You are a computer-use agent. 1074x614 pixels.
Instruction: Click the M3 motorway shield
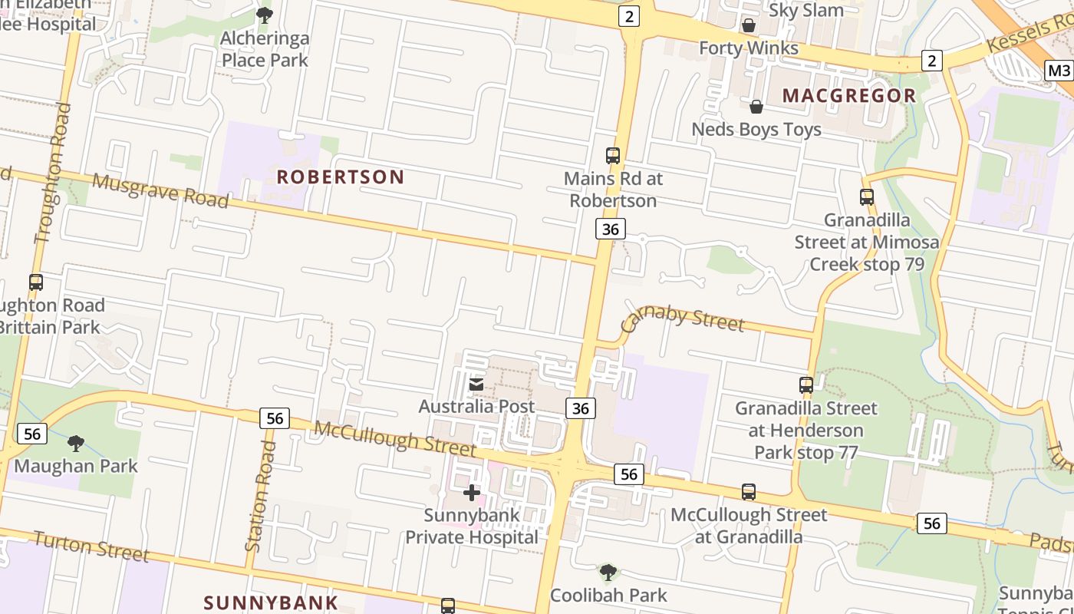1059,71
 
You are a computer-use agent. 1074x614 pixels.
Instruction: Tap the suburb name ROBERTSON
340,177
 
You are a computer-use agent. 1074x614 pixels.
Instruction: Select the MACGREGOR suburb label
849,96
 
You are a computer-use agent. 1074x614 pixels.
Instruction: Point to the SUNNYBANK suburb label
271,602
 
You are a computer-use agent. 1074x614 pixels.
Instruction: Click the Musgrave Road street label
160,190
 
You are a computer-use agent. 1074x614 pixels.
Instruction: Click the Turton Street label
91,546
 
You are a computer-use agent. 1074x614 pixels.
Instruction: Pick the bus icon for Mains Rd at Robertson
612,156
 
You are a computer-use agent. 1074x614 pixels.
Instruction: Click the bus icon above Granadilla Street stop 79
867,197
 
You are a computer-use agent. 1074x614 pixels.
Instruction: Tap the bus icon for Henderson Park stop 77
805,385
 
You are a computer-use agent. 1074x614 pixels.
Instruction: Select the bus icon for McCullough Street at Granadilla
749,492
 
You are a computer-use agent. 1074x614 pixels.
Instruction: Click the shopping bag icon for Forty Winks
749,25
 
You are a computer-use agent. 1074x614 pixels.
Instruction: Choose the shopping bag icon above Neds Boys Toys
756,107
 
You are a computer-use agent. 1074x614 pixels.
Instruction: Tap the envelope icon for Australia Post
476,384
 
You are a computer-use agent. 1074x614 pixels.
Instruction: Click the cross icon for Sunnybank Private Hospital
472,492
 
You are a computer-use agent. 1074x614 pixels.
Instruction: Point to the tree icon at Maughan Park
75,443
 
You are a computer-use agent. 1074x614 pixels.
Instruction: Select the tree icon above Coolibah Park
608,572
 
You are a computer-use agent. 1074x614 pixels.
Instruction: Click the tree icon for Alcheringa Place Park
265,15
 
